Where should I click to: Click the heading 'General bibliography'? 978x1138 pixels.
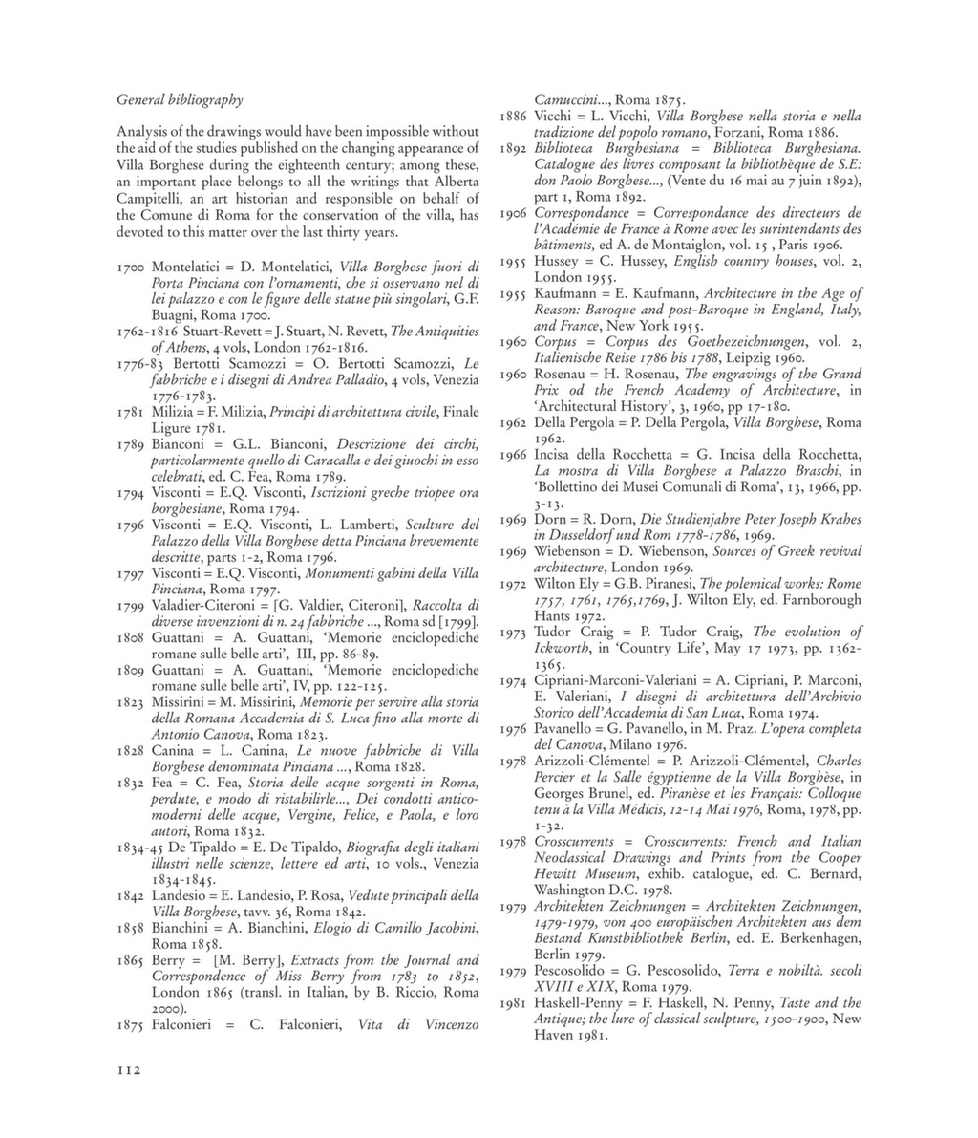click(x=180, y=99)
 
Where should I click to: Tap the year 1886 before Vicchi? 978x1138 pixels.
click(x=515, y=116)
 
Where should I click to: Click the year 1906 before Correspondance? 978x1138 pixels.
click(x=515, y=213)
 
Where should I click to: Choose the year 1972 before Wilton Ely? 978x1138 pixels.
click(x=515, y=583)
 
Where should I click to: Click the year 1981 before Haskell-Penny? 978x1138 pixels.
click(x=515, y=1003)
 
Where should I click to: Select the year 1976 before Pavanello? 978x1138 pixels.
click(x=515, y=729)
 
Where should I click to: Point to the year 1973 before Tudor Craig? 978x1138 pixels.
click(x=515, y=632)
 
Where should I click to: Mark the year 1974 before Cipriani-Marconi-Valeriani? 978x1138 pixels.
click(x=515, y=680)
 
